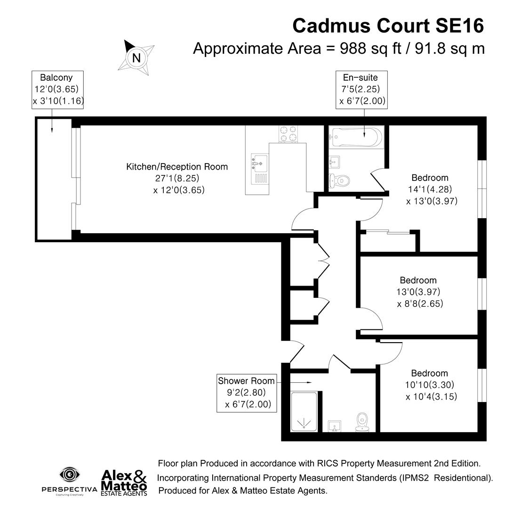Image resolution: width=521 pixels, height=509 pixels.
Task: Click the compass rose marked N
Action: (x=136, y=57)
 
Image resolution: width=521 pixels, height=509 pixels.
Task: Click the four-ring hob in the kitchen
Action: (x=288, y=134)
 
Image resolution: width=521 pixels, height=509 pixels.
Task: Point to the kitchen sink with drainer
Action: (x=259, y=169)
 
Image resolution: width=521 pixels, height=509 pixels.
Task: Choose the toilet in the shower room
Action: (x=362, y=422)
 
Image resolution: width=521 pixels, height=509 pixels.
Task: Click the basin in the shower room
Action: (x=334, y=426)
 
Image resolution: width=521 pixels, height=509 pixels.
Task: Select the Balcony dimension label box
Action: (x=57, y=90)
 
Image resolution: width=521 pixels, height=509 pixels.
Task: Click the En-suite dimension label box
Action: (x=361, y=90)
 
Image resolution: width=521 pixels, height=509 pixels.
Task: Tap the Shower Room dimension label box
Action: (x=247, y=393)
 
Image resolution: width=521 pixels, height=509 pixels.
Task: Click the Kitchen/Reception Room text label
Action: (x=177, y=167)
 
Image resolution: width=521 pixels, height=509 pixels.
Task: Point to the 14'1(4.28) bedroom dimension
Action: (x=430, y=189)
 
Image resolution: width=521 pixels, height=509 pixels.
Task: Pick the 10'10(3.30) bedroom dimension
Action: (x=429, y=385)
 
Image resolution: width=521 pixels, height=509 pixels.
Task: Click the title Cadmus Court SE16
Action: (x=388, y=25)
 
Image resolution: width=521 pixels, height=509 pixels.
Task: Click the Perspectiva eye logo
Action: (x=70, y=475)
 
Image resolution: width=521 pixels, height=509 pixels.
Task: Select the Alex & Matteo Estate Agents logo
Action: (x=124, y=483)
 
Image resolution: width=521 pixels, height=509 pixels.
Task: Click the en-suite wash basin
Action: (x=334, y=162)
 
